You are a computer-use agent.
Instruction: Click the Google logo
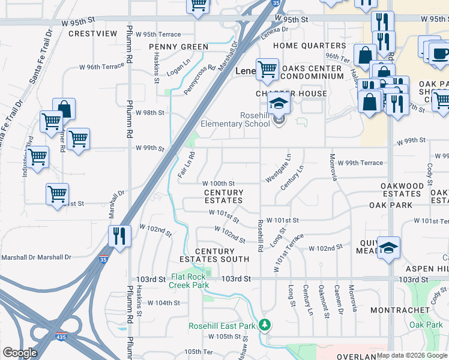click(x=20, y=353)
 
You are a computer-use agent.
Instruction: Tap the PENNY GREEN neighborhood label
click(x=178, y=47)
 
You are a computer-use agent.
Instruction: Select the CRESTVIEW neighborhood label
click(x=92, y=34)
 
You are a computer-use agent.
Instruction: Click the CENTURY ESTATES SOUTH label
click(x=214, y=255)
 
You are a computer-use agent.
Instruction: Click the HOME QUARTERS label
click(x=309, y=46)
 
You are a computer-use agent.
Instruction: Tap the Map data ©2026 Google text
click(x=412, y=355)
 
